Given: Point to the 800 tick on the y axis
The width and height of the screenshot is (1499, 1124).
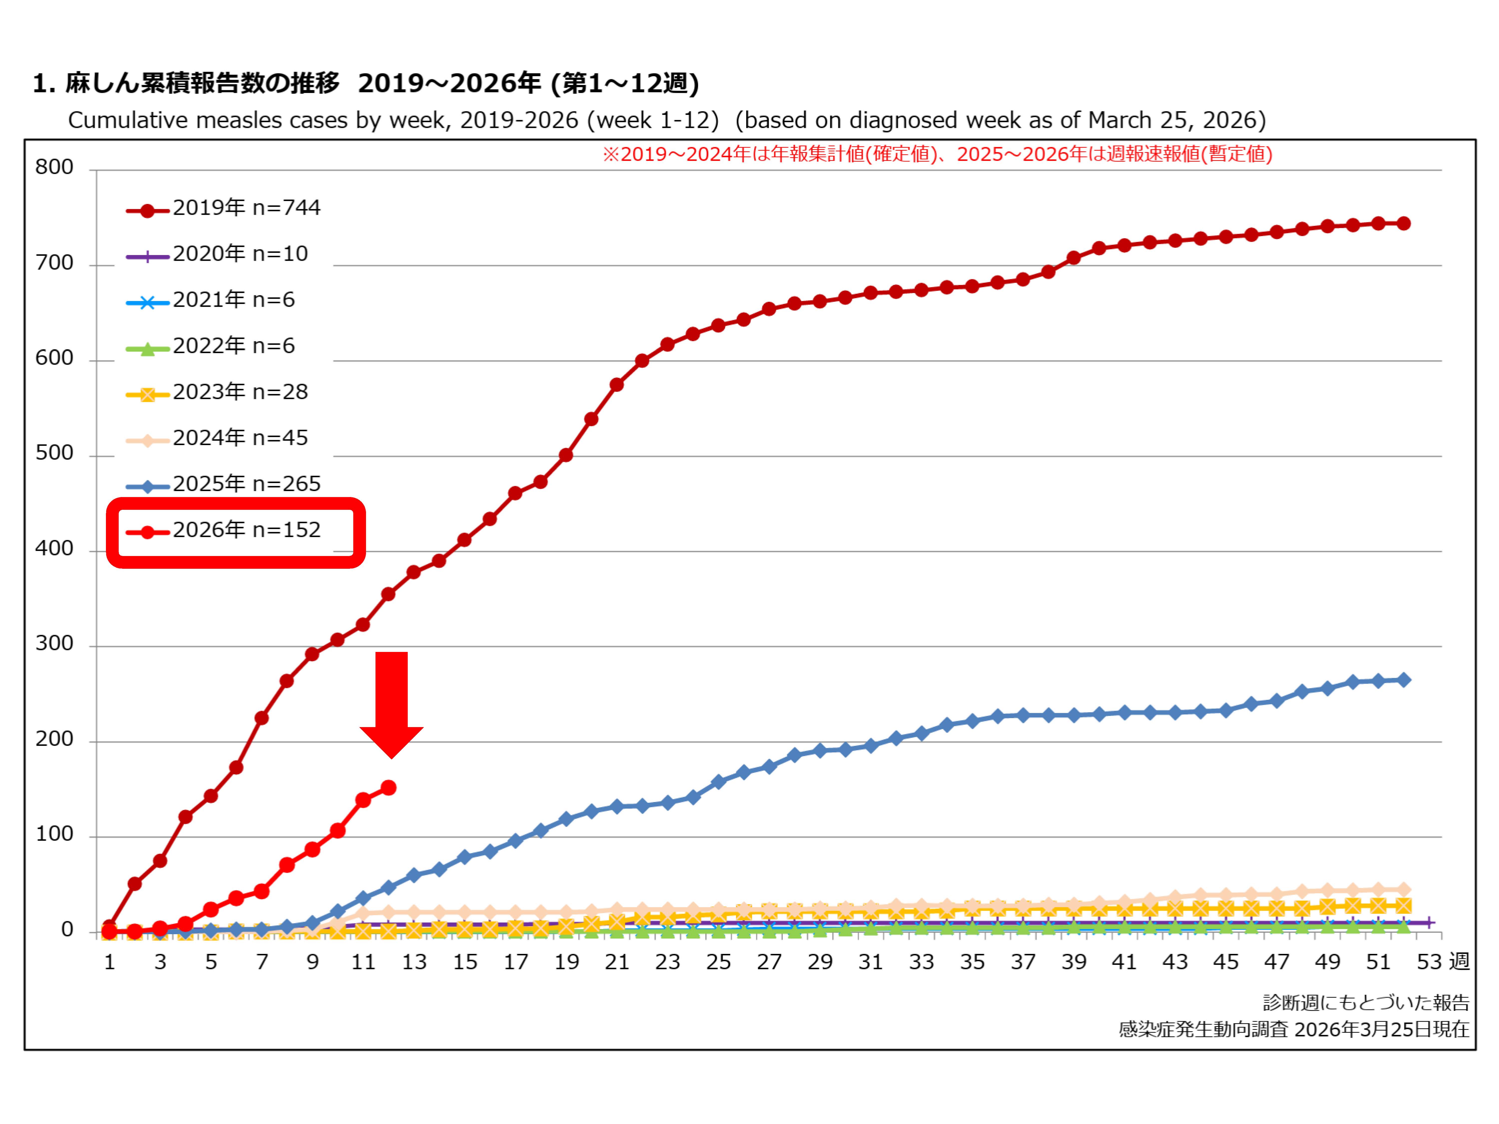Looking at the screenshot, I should point(54,167).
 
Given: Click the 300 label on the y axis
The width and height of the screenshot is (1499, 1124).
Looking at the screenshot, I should point(54,644).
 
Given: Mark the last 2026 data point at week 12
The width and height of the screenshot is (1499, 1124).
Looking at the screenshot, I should point(388,788).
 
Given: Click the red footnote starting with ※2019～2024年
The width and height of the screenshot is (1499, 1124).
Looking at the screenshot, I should point(937,154).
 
